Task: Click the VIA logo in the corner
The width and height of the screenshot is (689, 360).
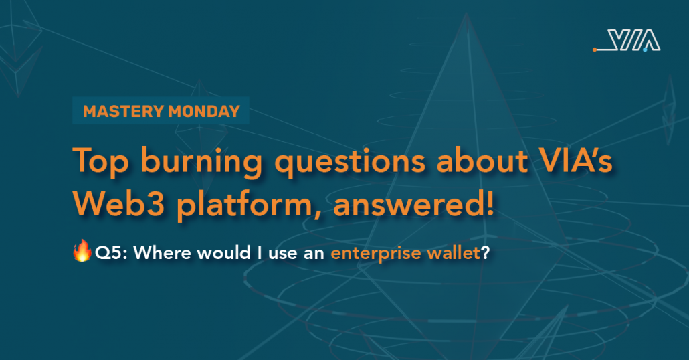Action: [627, 40]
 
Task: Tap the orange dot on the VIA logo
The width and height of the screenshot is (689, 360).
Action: [595, 50]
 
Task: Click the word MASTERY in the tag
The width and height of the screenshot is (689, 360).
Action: [124, 111]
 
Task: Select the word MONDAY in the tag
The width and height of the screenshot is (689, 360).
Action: [204, 111]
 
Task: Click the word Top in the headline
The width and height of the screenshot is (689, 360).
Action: [100, 161]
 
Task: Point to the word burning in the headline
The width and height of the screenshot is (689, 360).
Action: [202, 161]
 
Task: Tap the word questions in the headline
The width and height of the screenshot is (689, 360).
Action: [351, 161]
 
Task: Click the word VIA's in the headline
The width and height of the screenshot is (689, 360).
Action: [576, 159]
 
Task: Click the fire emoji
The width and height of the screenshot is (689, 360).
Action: [82, 250]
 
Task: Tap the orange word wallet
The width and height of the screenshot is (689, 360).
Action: [454, 253]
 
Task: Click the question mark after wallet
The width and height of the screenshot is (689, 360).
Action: [485, 253]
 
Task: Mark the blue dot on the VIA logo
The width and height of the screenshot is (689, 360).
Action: [645, 50]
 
